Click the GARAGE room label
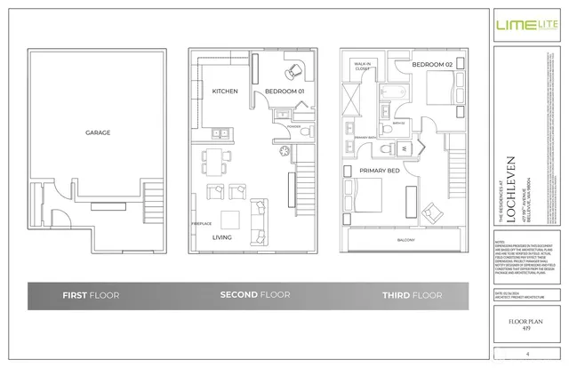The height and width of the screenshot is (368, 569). (x=98, y=132)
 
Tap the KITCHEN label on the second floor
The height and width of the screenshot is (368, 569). (x=224, y=91)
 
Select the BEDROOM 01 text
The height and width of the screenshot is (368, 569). (x=284, y=91)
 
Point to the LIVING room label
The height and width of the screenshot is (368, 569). (x=221, y=238)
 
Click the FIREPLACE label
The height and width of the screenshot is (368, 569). (x=201, y=223)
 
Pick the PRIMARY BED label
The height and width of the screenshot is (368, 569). (x=378, y=169)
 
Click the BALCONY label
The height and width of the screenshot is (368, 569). (x=405, y=240)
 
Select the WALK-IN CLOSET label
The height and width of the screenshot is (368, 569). (x=363, y=65)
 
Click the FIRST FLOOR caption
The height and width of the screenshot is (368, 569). (x=92, y=294)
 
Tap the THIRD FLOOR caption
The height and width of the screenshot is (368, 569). (x=412, y=294)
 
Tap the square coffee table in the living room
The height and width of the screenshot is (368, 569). (x=230, y=219)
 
